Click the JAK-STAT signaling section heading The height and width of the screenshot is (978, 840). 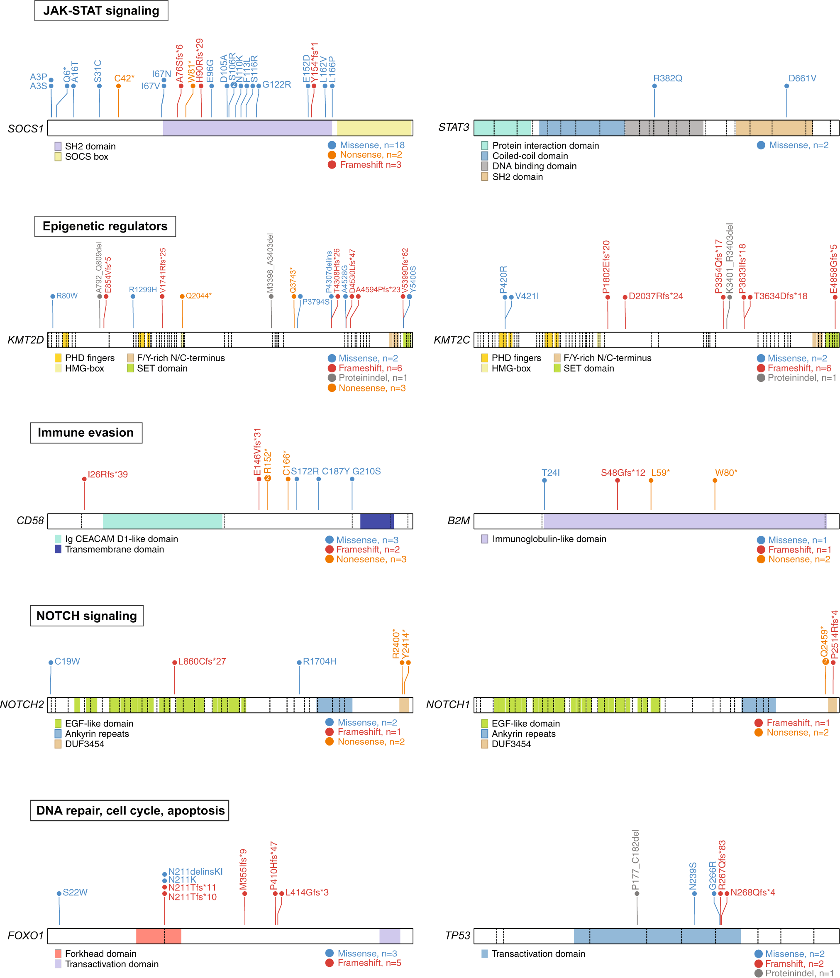(x=101, y=10)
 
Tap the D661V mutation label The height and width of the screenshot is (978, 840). (x=802, y=78)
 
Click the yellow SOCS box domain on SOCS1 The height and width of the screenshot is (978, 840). (x=374, y=128)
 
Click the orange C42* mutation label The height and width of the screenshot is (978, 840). (x=124, y=78)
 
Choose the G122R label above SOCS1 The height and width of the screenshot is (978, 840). (x=276, y=85)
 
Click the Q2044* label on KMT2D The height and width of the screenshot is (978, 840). (x=198, y=296)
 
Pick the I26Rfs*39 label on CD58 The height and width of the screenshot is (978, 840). (x=107, y=474)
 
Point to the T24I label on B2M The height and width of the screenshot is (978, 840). (x=550, y=473)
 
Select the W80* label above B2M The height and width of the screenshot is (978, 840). (x=725, y=473)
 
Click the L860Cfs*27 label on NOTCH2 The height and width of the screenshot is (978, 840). (x=202, y=661)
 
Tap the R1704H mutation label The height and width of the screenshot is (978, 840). (x=320, y=661)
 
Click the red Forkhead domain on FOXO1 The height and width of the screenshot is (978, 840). (x=159, y=936)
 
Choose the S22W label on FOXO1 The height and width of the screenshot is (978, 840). (x=75, y=892)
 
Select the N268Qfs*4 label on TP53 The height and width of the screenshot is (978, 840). (x=752, y=892)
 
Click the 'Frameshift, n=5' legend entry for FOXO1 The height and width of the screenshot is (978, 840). (x=369, y=963)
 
